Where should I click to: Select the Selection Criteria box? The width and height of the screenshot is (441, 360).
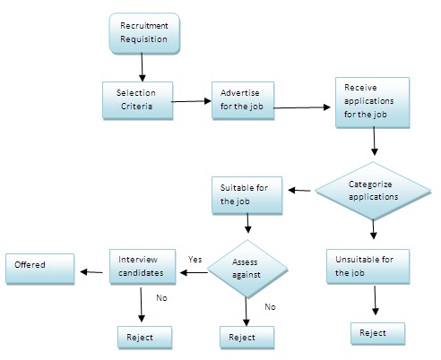(136, 99)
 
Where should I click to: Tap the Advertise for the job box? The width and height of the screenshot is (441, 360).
(241, 103)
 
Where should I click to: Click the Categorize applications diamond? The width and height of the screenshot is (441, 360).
(371, 189)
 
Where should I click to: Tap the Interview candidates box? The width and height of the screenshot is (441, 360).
(142, 269)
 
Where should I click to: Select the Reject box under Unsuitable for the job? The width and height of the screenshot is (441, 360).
(373, 333)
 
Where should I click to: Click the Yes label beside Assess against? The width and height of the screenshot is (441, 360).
(195, 259)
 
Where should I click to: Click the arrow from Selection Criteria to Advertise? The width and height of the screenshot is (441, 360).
(189, 101)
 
